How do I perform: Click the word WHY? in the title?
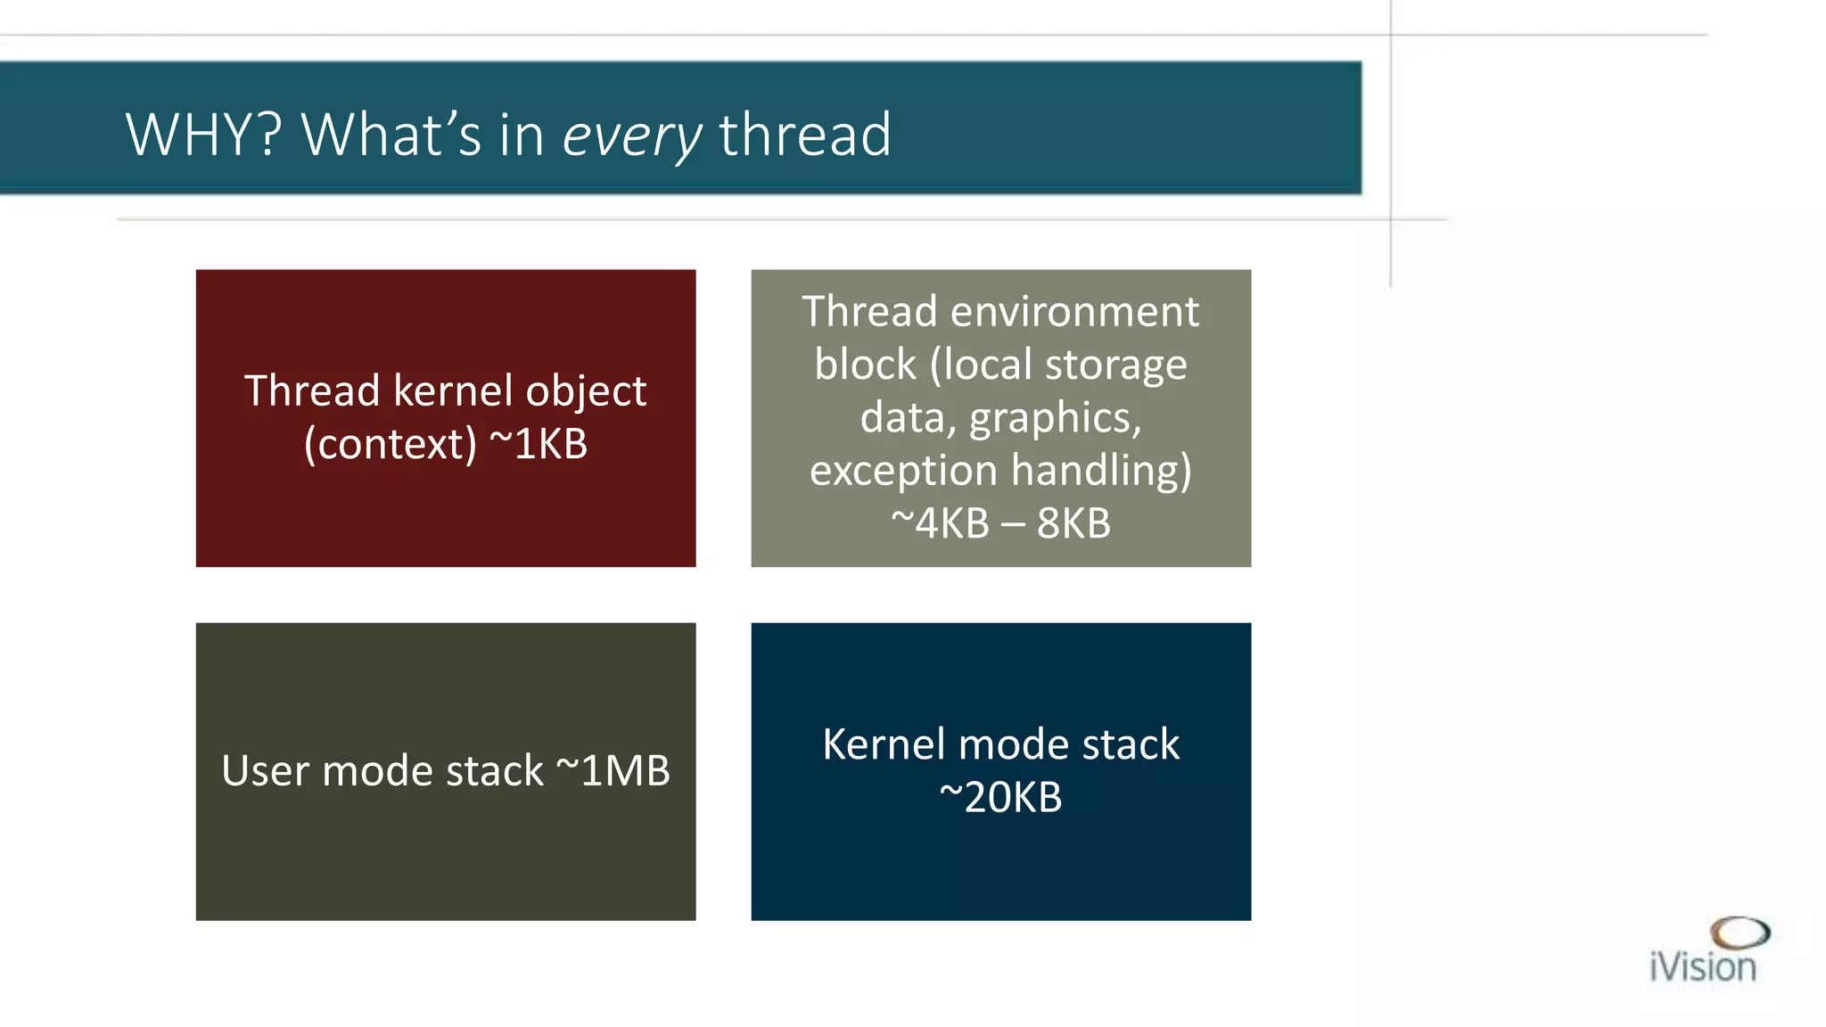tap(204, 135)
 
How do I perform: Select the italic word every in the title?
tap(632, 136)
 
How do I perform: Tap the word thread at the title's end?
tap(804, 135)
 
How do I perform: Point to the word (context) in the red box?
tap(391, 445)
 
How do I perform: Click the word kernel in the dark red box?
tap(453, 391)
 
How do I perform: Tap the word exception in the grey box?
tap(903, 472)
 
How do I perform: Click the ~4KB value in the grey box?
tap(940, 523)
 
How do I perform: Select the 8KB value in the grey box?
tap(1073, 523)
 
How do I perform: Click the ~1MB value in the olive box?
tap(613, 770)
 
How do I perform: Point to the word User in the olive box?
tap(264, 770)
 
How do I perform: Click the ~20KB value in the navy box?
tap(1000, 797)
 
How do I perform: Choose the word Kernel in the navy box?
tap(883, 744)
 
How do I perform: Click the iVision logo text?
tap(1702, 967)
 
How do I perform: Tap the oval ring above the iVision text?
tap(1740, 933)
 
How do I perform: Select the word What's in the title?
tap(392, 135)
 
